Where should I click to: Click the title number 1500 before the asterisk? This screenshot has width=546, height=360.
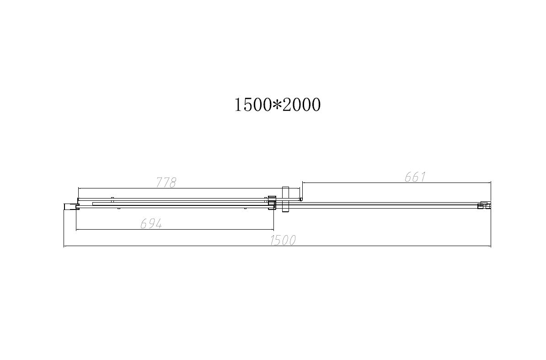(x=253, y=105)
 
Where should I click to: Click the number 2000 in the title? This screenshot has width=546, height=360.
(x=301, y=105)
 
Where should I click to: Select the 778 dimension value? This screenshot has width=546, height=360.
(x=166, y=183)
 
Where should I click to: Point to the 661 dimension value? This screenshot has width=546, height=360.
(x=415, y=177)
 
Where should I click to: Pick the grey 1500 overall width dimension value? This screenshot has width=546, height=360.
(x=283, y=240)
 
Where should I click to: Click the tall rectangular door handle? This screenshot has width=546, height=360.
(x=286, y=199)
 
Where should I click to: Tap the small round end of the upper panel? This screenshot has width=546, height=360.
(x=301, y=199)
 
